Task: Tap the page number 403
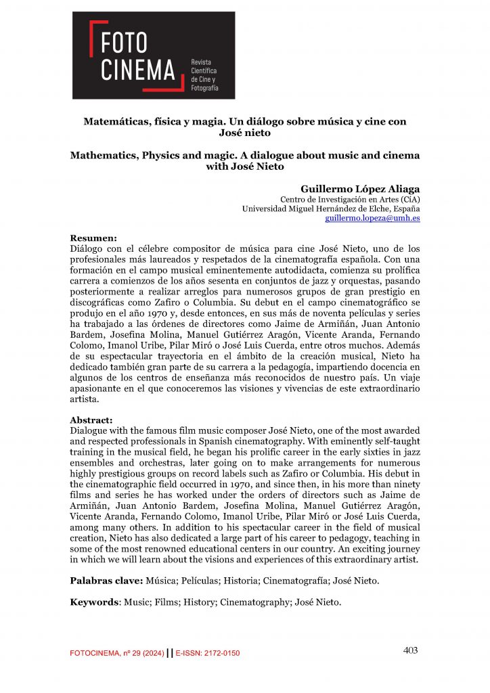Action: [410, 650]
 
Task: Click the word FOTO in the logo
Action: [124, 43]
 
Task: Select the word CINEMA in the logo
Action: [138, 69]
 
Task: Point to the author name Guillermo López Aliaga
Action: [360, 188]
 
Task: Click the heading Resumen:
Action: [94, 238]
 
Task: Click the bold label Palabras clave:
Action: [106, 581]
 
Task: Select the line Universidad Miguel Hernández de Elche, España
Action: [331, 209]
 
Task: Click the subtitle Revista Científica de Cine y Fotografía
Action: [205, 74]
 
